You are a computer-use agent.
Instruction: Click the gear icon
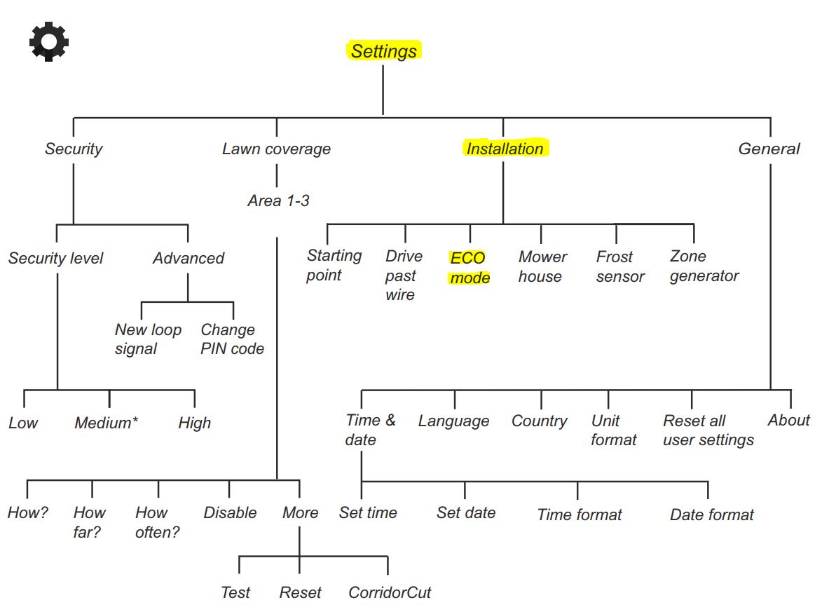(x=49, y=41)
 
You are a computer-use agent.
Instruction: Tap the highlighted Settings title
(x=384, y=51)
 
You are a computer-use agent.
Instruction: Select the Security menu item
(x=74, y=149)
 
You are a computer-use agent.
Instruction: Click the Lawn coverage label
(x=276, y=149)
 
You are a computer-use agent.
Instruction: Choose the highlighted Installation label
(x=505, y=149)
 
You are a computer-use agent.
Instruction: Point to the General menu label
(x=769, y=149)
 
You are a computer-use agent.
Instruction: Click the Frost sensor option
(x=619, y=266)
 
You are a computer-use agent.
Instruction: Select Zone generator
(x=704, y=266)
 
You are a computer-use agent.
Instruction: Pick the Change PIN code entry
(x=232, y=339)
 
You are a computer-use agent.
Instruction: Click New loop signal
(x=148, y=339)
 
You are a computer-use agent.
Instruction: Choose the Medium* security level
(x=106, y=423)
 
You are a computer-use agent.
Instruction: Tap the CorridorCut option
(x=390, y=592)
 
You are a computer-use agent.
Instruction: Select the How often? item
(x=158, y=522)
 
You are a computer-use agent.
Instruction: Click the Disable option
(x=230, y=512)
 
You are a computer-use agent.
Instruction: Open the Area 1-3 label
(x=278, y=200)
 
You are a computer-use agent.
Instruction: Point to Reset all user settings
(x=708, y=430)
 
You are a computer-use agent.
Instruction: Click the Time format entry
(x=580, y=515)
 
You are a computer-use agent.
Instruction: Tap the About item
(x=789, y=420)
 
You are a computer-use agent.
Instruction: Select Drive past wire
(x=404, y=276)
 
